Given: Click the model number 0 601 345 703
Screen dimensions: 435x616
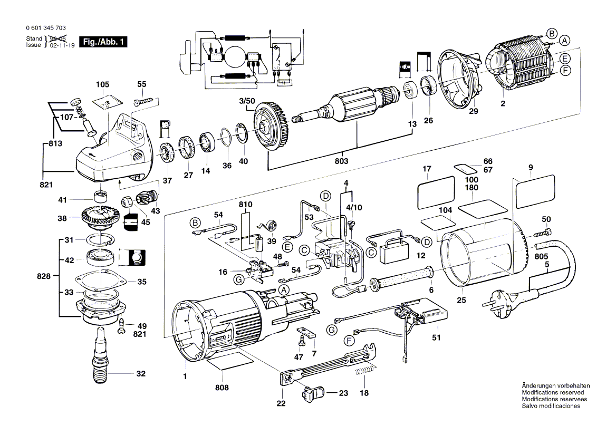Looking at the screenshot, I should pos(45,28).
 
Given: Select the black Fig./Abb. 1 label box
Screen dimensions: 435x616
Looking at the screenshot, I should pos(102,42).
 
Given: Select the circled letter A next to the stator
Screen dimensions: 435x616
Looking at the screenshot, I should pos(564,41).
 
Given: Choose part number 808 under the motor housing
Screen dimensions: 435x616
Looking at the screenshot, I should pos(222,388).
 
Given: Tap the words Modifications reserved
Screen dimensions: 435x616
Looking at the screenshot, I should pos(552,392).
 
